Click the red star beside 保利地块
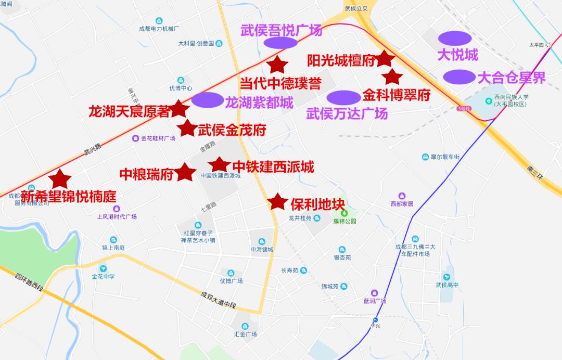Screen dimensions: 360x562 click(277, 201)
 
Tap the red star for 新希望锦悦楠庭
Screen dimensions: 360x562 click(60, 178)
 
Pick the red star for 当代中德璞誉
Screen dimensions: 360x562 click(277, 65)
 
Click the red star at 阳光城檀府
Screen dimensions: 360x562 click(385, 59)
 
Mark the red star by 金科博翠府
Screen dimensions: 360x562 click(392, 77)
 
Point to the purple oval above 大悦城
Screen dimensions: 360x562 click(455, 38)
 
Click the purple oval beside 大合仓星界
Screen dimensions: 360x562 click(459, 76)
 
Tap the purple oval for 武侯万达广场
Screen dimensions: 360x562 click(344, 97)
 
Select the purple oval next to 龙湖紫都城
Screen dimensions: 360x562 click(207, 100)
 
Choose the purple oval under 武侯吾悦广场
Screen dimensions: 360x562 click(280, 43)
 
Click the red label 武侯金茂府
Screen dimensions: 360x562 click(232, 130)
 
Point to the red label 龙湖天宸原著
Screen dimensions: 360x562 click(129, 111)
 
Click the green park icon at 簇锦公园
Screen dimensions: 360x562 click(343, 213)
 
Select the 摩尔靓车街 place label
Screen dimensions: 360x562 click(445, 157)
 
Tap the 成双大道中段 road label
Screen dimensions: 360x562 click(219, 300)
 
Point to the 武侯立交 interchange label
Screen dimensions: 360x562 click(356, 8)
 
